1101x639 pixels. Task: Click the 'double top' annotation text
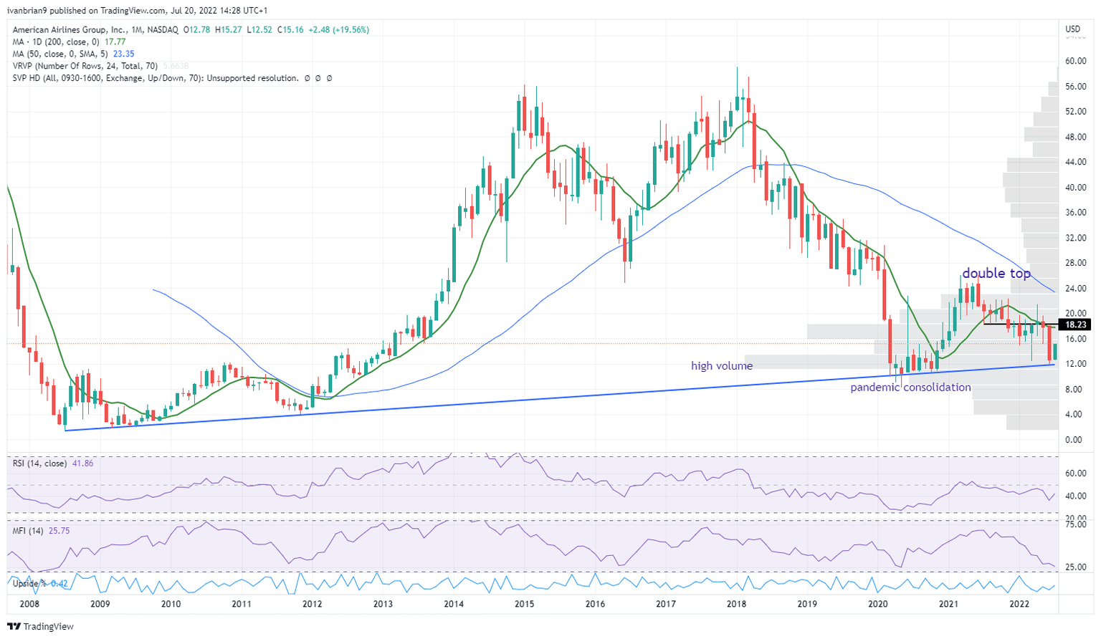pos(996,274)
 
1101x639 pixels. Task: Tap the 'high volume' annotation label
pos(721,366)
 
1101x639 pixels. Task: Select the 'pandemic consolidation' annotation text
pos(910,388)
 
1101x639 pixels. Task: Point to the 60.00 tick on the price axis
pos(1074,62)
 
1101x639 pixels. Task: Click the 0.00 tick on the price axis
pos(1074,440)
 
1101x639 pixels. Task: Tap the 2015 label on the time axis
pos(524,604)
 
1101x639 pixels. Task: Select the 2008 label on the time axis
pos(29,604)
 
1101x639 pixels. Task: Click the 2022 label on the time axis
pos(1019,604)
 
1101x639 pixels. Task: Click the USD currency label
pos(1072,29)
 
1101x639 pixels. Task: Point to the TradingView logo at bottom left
pos(41,627)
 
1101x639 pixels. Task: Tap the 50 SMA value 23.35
pos(123,54)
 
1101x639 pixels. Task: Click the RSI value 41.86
pos(82,463)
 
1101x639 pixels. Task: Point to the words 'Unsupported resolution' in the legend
pos(252,78)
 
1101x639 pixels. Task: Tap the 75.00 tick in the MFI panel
pos(1074,524)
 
